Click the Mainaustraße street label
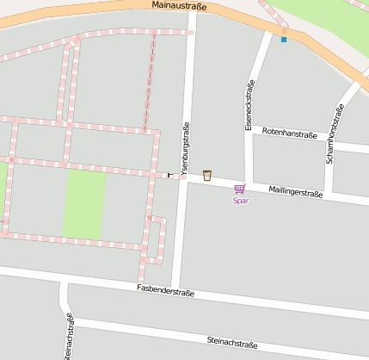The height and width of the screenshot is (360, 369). [x=180, y=5]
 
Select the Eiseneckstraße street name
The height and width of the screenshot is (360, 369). [x=249, y=105]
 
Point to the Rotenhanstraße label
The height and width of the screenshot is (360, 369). [x=289, y=134]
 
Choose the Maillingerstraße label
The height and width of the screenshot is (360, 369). [x=295, y=194]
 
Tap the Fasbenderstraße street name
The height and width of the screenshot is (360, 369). [x=165, y=293]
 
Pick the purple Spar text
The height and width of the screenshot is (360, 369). [x=240, y=201]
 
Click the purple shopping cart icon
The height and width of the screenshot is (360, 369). [x=239, y=189]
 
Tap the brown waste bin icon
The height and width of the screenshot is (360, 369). [x=206, y=176]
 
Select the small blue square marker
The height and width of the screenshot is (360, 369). [x=284, y=39]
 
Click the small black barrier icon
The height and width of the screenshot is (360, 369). [x=169, y=176]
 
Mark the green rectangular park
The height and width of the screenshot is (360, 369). [x=84, y=203]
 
